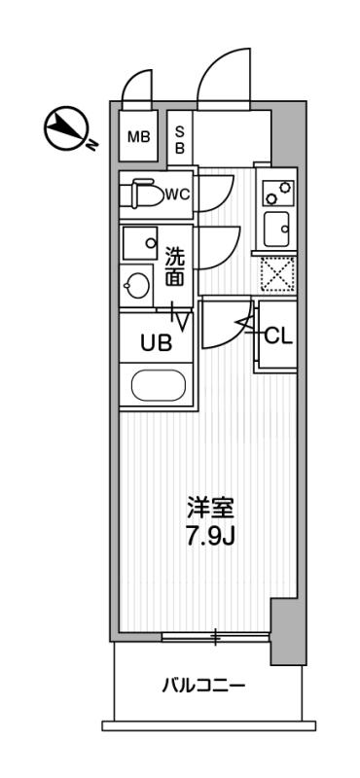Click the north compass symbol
[67, 129]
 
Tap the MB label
[138, 136]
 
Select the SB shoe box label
[179, 139]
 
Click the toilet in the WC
[145, 194]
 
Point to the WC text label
[177, 194]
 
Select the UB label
[156, 342]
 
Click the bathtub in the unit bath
[158, 384]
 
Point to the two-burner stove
[278, 193]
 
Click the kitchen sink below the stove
[276, 229]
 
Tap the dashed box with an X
[278, 274]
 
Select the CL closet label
[278, 336]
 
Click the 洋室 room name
[210, 509]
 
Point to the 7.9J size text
[210, 536]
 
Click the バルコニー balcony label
[203, 687]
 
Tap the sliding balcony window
[216, 638]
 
